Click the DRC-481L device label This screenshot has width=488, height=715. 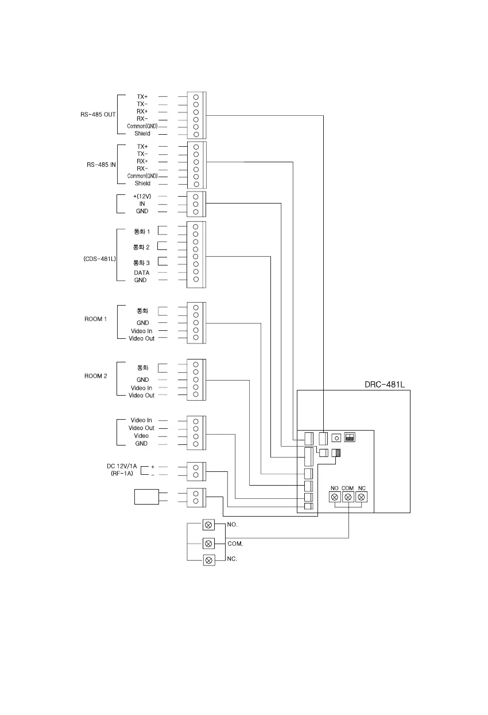click(385, 384)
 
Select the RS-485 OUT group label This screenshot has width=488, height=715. click(98, 115)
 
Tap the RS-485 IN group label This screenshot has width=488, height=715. click(101, 165)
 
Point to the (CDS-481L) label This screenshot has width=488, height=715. click(99, 259)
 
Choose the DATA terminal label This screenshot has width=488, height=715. click(141, 273)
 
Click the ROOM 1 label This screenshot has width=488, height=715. click(96, 319)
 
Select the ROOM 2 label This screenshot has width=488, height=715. click(96, 376)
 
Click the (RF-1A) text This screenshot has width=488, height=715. click(122, 474)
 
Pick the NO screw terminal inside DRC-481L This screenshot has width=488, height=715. click(334, 497)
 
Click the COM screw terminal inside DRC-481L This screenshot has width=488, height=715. click(348, 497)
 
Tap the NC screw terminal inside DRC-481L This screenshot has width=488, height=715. click(362, 497)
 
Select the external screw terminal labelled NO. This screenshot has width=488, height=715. click(209, 525)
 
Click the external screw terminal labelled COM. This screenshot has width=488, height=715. click(209, 543)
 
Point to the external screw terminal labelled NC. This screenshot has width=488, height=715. click(209, 560)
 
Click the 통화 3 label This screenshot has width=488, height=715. click(141, 263)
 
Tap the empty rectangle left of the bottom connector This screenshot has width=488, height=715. click(146, 497)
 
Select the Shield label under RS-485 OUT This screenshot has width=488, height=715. click(142, 134)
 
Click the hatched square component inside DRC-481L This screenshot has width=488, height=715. click(337, 453)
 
